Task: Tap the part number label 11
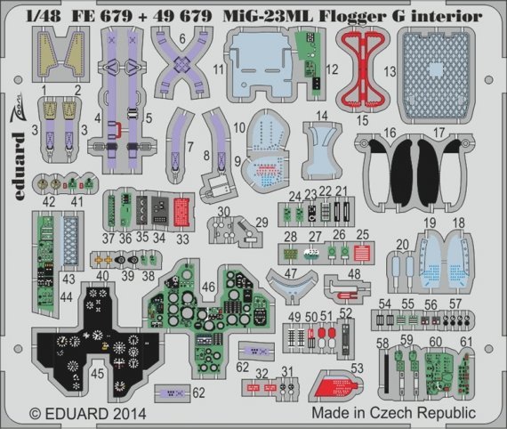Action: (218, 69)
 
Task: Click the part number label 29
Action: (262, 222)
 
